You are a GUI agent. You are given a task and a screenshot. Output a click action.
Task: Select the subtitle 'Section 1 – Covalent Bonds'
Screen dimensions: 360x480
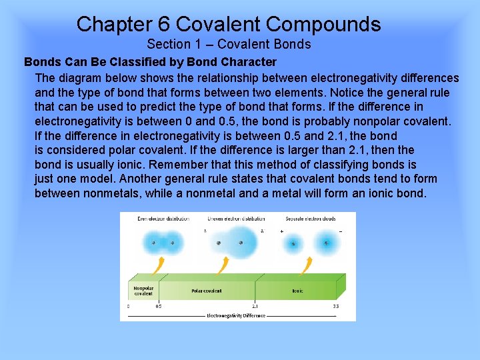[229, 45]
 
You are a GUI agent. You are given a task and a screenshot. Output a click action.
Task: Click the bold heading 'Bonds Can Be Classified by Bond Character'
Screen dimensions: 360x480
[150, 62]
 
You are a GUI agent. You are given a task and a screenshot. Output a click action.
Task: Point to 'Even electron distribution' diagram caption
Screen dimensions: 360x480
[163, 219]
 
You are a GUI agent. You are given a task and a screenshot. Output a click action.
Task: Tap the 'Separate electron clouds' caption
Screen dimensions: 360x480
[311, 219]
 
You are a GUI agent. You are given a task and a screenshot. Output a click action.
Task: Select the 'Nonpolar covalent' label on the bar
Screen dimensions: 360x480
[143, 291]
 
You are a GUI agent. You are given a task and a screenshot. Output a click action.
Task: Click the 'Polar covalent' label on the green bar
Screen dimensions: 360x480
[206, 291]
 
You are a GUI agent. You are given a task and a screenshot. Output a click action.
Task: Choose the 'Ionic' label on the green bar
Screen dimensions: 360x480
[297, 291]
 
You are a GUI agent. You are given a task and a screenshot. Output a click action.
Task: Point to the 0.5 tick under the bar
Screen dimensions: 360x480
[159, 307]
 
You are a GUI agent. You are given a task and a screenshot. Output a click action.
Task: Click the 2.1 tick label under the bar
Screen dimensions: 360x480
[255, 307]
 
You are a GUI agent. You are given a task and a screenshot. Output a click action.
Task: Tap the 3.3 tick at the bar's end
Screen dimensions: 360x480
[336, 307]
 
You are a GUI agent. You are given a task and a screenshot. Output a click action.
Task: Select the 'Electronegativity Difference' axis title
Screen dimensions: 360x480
[236, 315]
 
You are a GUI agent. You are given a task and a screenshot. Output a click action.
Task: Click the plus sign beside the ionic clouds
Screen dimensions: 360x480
[282, 231]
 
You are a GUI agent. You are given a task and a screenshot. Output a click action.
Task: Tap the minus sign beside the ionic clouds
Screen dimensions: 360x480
[340, 231]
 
